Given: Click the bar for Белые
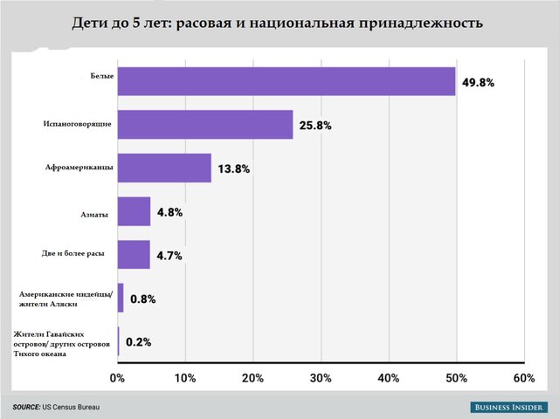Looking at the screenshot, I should click(286, 81).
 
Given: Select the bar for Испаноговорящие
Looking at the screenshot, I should click(204, 124).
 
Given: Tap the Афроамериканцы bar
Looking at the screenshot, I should click(164, 168).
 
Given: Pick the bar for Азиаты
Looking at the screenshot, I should click(134, 211).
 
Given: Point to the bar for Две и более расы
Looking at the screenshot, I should click(134, 255).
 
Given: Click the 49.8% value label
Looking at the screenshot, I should click(479, 83).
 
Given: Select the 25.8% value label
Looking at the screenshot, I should click(316, 126).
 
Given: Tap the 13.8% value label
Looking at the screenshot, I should click(234, 168).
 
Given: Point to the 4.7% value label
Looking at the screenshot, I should click(169, 256).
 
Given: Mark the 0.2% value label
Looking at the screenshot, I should click(138, 341).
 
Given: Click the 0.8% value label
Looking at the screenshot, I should click(142, 299).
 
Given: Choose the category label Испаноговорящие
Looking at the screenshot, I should click(76, 124).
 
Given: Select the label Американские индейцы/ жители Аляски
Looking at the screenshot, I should click(60, 299).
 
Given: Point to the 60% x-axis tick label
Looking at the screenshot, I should click(524, 378).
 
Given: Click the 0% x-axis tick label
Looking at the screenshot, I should click(117, 378).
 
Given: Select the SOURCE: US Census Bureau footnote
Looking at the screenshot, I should click(57, 408).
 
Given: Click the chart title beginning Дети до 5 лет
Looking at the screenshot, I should click(279, 23).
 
